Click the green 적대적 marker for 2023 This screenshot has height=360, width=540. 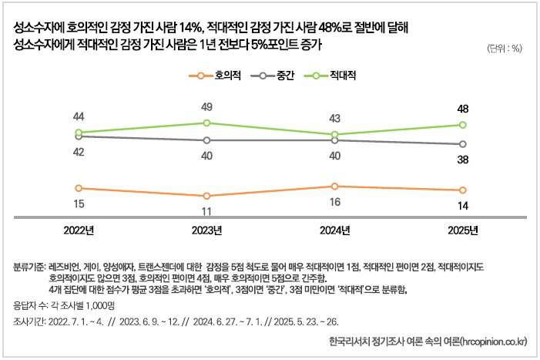[x=206, y=123]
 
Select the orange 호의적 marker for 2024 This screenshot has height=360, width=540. [x=334, y=186]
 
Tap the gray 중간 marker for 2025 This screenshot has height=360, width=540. [x=463, y=144]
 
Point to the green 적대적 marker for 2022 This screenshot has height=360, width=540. [x=78, y=133]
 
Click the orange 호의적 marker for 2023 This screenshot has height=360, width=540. [x=206, y=196]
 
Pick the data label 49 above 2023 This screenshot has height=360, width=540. [x=206, y=106]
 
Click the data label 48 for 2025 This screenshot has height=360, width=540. [x=463, y=108]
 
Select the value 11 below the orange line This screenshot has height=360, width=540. [x=206, y=211]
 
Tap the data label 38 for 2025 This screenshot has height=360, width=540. [x=463, y=161]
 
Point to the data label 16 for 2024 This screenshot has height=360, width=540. [x=334, y=202]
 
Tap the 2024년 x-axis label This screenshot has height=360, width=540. [x=334, y=230]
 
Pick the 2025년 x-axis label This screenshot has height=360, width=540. [x=463, y=230]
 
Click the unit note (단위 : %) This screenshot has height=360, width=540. [x=505, y=48]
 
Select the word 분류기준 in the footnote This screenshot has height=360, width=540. [x=29, y=266]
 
